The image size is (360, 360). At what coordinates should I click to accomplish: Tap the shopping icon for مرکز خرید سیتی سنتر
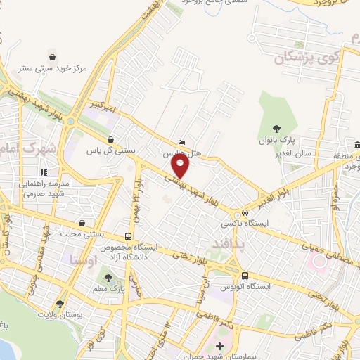52,56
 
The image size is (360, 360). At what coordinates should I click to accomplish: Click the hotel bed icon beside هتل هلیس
183,142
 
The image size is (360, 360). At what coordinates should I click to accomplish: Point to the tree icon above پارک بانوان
277,129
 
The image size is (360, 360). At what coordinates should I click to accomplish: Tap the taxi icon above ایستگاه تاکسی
245,212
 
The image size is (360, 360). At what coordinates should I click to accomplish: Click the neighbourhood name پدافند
226,243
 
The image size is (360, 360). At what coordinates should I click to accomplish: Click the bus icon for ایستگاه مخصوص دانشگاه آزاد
128,236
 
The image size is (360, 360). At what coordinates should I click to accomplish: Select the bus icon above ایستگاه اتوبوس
245,276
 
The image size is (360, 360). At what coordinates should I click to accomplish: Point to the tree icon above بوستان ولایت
60,304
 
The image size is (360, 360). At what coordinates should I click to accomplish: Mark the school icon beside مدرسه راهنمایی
44,172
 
